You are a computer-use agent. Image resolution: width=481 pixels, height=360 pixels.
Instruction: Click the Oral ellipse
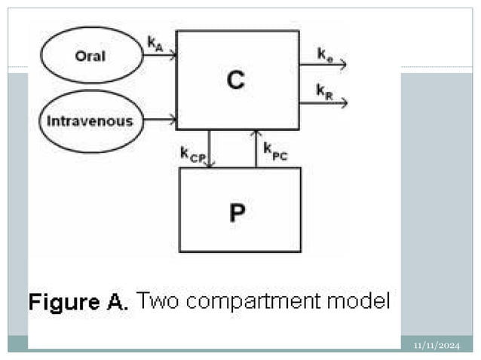(x=90, y=56)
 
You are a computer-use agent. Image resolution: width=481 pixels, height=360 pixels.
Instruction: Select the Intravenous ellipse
(x=90, y=121)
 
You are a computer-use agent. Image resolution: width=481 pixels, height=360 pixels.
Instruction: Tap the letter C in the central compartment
(x=236, y=81)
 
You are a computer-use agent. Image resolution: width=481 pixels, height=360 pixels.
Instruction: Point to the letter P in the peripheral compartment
(x=237, y=213)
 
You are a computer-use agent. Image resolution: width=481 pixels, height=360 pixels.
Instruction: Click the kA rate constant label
(x=155, y=44)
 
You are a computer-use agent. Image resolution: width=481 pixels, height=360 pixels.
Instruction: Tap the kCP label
(x=192, y=154)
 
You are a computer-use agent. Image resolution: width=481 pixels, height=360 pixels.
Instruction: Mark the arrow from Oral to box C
(x=160, y=56)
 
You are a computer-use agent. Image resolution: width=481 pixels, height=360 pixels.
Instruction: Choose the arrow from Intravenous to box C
(x=160, y=119)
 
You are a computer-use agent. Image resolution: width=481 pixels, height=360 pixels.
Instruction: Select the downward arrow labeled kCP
(x=210, y=148)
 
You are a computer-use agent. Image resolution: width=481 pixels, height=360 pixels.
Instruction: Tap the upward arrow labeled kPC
(x=256, y=148)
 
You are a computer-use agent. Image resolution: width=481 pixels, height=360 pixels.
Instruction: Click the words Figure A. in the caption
(x=79, y=303)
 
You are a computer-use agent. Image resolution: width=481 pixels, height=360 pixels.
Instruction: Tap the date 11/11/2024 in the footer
(x=437, y=345)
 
